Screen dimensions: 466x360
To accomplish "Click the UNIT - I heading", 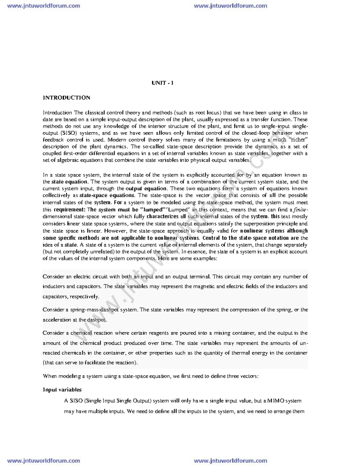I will tap(162, 83).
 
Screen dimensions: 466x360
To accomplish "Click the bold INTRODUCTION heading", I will tap(66, 98).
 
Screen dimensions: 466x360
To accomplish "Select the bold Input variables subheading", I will tap(62, 389).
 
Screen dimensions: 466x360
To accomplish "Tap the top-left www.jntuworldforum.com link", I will tap(43, 6).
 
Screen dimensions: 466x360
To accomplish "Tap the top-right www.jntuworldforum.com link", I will tap(230, 6).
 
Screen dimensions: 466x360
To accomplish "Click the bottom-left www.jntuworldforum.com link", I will tap(43, 461).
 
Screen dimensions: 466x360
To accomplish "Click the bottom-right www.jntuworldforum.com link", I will tap(230, 461).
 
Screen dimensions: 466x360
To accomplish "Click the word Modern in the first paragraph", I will tap(117, 140).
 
